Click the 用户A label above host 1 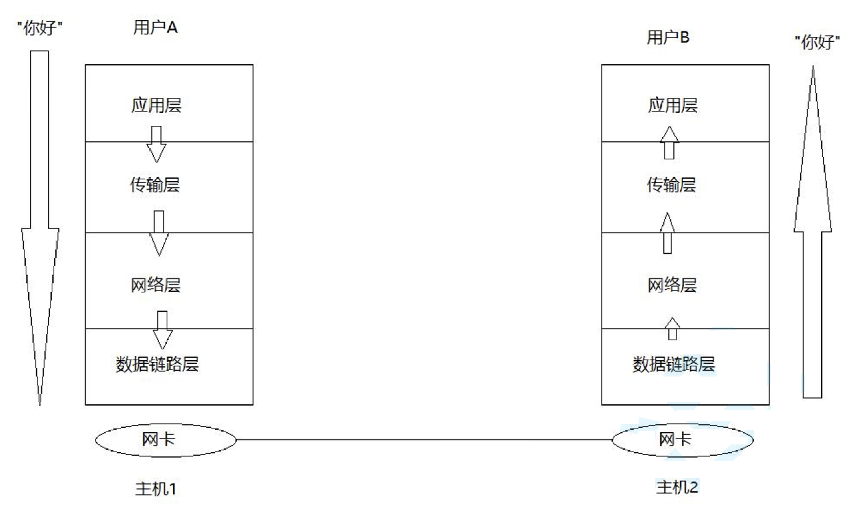pyautogui.click(x=155, y=27)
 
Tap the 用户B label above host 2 pyautogui.click(x=668, y=37)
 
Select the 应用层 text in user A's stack pyautogui.click(x=156, y=105)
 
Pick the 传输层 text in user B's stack pyautogui.click(x=672, y=185)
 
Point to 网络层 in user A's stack pyautogui.click(x=156, y=285)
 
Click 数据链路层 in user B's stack pyautogui.click(x=673, y=364)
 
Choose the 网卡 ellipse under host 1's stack pyautogui.click(x=166, y=440)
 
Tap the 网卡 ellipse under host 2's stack pyautogui.click(x=682, y=440)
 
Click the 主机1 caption pyautogui.click(x=156, y=489)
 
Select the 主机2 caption pyautogui.click(x=677, y=487)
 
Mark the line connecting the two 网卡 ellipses pyautogui.click(x=424, y=439)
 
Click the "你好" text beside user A pyautogui.click(x=40, y=28)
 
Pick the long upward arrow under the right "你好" pyautogui.click(x=812, y=232)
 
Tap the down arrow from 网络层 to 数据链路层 pyautogui.click(x=163, y=330)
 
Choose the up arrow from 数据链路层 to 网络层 pyautogui.click(x=673, y=329)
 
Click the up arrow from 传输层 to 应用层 pyautogui.click(x=669, y=143)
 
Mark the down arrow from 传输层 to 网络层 pyautogui.click(x=159, y=233)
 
